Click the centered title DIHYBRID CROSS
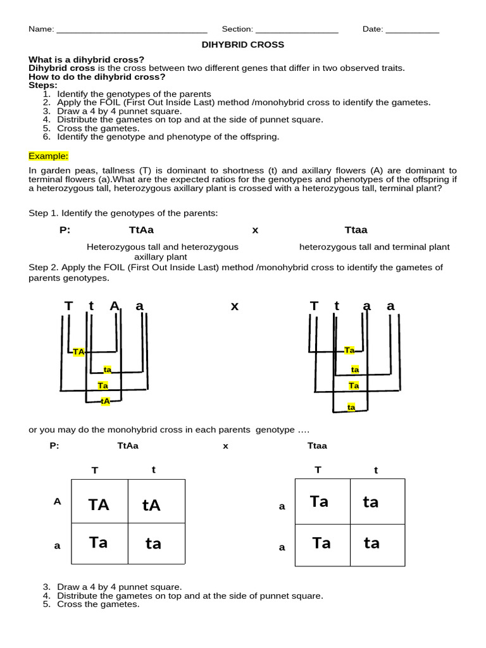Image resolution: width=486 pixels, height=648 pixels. pyautogui.click(x=242, y=45)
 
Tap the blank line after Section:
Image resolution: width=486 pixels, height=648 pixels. pyautogui.click(x=297, y=30)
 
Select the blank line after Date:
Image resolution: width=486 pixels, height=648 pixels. pyautogui.click(x=412, y=30)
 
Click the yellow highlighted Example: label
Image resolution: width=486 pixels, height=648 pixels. pyautogui.click(x=49, y=156)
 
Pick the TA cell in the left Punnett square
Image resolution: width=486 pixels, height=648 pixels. pyautogui.click(x=99, y=504)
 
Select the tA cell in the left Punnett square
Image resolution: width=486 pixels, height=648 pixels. pyautogui.click(x=152, y=504)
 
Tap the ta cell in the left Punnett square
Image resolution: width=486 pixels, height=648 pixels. pyautogui.click(x=153, y=544)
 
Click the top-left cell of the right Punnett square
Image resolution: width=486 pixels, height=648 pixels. pyautogui.click(x=322, y=502)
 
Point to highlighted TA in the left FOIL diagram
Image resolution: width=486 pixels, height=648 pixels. pyautogui.click(x=78, y=352)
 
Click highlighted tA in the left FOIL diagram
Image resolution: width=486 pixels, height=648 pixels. pyautogui.click(x=106, y=401)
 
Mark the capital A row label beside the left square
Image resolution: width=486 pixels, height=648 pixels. pyautogui.click(x=58, y=501)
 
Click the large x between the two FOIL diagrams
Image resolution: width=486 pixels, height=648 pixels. pyautogui.click(x=235, y=306)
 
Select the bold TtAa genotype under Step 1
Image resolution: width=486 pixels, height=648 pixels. pyautogui.click(x=141, y=230)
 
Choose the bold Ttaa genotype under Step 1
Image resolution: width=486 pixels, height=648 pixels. pyautogui.click(x=356, y=230)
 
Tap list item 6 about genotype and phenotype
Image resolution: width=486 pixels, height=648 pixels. pyautogui.click(x=168, y=136)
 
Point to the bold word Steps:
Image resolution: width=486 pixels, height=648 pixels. pyautogui.click(x=43, y=85)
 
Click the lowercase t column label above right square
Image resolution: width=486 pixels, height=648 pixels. pyautogui.click(x=376, y=470)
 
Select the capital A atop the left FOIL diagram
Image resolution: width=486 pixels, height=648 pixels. pyautogui.click(x=115, y=306)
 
